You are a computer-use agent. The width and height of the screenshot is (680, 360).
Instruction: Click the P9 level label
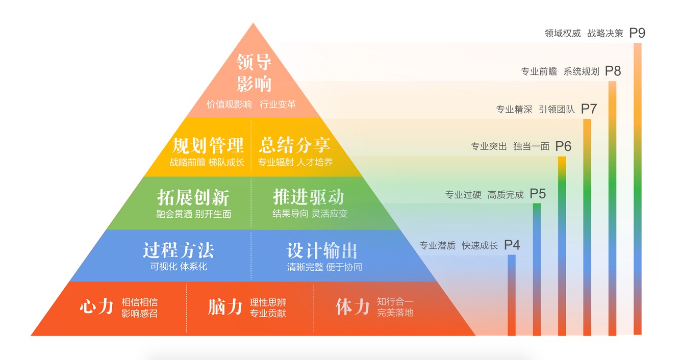tap(637, 33)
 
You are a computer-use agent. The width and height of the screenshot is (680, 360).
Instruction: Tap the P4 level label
tap(512, 245)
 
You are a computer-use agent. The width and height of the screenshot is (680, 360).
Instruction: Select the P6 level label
tap(563, 146)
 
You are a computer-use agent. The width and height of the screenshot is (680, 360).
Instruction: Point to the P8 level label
tap(613, 71)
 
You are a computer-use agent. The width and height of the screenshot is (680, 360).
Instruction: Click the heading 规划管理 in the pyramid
tap(208, 145)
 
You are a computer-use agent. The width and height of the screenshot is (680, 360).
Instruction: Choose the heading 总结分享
tap(294, 145)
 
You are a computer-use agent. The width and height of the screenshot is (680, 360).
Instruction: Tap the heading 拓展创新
tap(193, 198)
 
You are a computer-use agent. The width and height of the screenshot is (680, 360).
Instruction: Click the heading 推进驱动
tap(309, 197)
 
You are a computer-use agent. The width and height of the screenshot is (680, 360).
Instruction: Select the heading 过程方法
tap(179, 250)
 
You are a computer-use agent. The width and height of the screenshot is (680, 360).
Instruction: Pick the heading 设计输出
tap(322, 251)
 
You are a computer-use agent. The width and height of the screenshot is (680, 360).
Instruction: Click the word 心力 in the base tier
tap(96, 306)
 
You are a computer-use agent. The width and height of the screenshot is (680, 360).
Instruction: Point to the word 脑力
tap(225, 307)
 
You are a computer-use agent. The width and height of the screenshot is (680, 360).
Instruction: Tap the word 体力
tap(352, 307)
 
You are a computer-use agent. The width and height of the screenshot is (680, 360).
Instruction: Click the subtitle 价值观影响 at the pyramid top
tap(229, 105)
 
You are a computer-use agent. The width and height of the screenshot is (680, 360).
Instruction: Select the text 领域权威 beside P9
tap(563, 33)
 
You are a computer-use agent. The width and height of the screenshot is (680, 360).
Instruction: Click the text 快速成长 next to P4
tap(480, 246)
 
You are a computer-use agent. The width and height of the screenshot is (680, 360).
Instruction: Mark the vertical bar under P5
tap(537, 270)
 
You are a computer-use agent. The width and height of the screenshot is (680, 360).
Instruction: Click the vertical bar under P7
tap(587, 227)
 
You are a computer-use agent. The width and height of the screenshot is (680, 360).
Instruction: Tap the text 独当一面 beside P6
tap(531, 147)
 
